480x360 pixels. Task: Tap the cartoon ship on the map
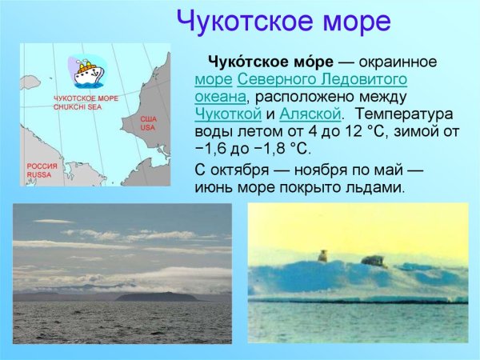coord(85,71)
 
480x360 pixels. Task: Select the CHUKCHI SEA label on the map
coord(77,105)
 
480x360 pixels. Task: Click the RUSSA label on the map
coord(38,174)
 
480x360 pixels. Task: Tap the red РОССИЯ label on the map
coord(40,166)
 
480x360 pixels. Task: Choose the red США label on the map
coord(149,120)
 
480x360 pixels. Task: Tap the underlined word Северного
coord(276,79)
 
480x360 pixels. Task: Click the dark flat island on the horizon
coord(157,296)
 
